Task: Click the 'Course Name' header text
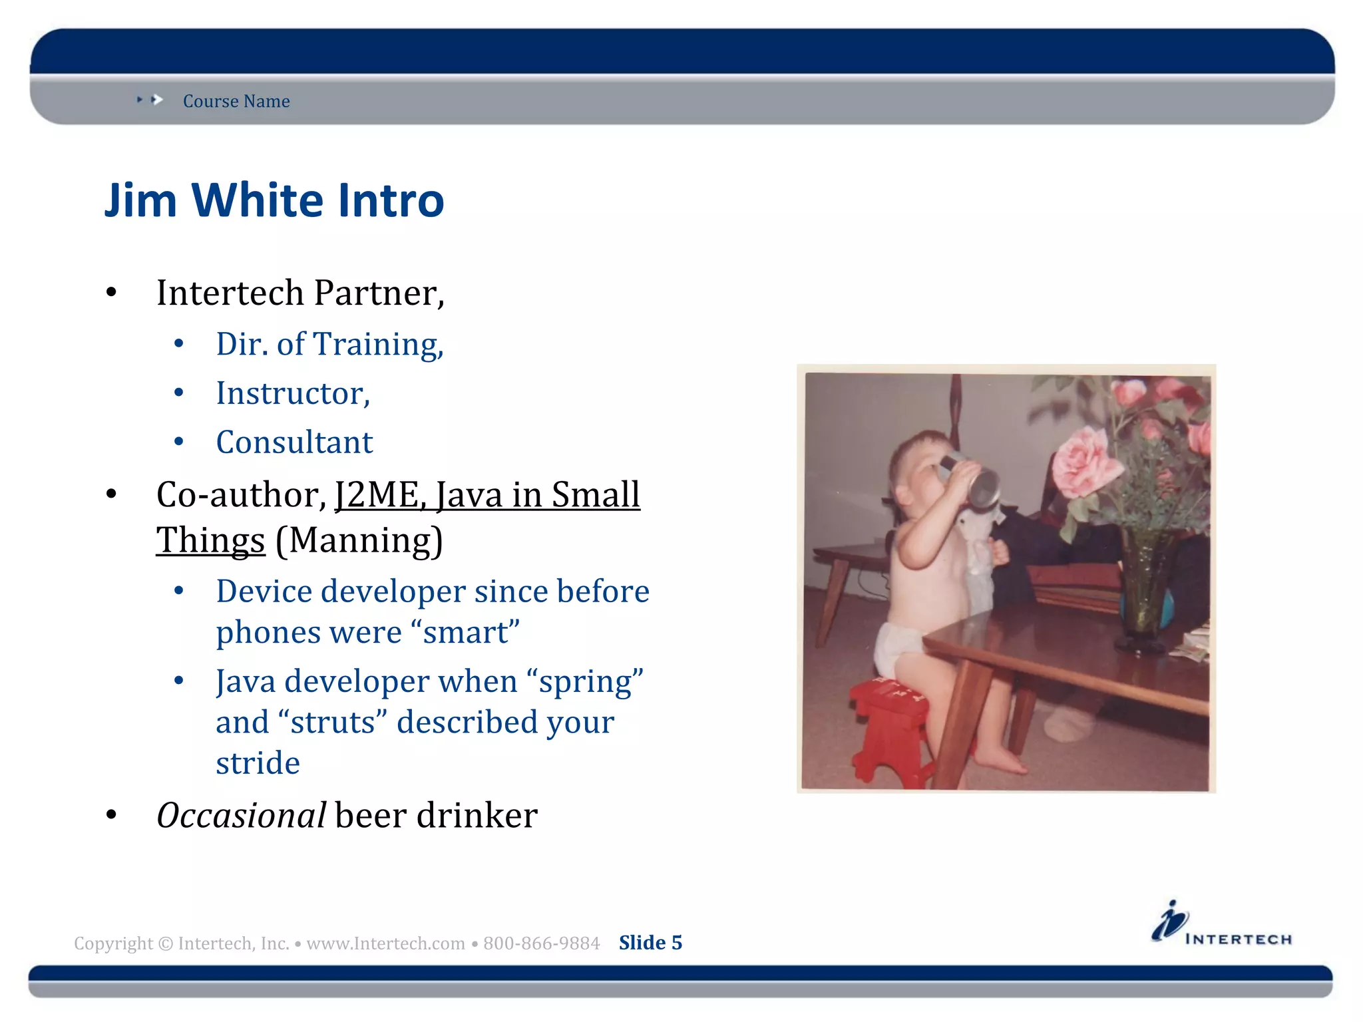point(236,101)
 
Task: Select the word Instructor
point(292,393)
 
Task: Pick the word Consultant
point(294,442)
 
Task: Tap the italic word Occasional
point(241,815)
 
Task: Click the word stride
point(258,763)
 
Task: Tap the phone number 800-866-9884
point(541,943)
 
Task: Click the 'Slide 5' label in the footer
point(650,943)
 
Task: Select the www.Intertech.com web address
point(385,943)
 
